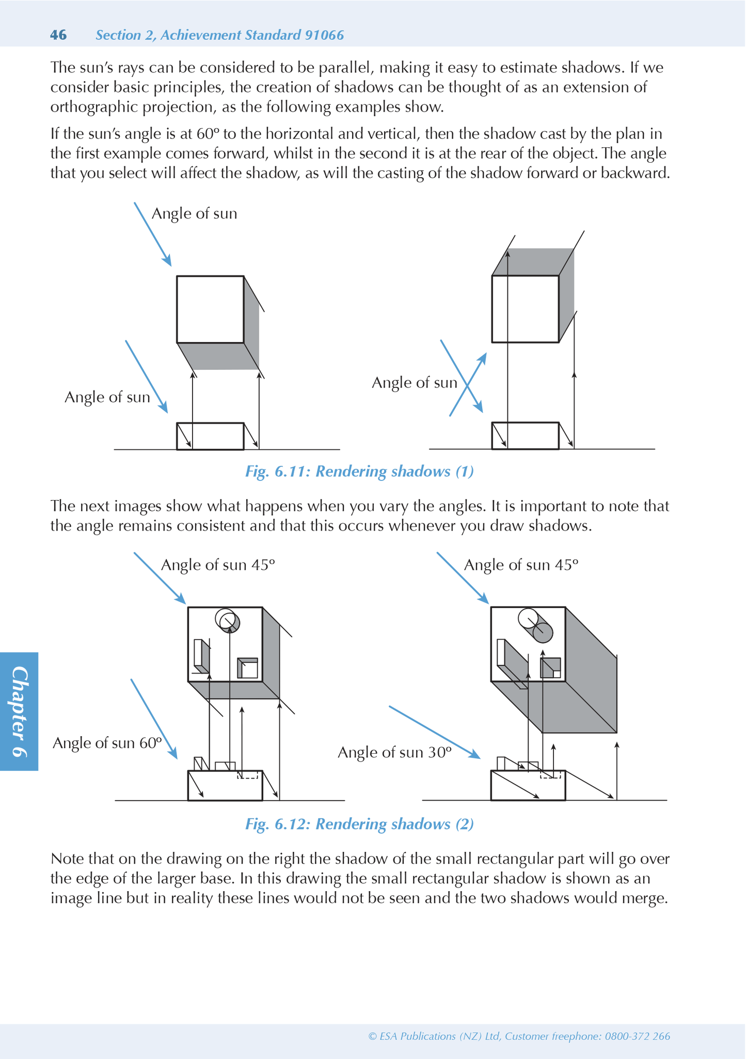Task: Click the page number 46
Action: tap(58, 35)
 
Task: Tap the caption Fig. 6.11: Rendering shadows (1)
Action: tap(359, 472)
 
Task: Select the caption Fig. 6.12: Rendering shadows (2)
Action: tap(359, 824)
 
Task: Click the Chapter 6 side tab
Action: tap(19, 711)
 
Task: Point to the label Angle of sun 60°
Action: tap(107, 743)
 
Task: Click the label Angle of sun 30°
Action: tap(394, 752)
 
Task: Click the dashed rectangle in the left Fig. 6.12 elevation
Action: tap(247, 775)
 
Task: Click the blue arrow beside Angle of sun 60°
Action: tap(154, 719)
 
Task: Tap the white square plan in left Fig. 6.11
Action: tap(210, 309)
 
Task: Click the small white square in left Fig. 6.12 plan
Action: tap(249, 670)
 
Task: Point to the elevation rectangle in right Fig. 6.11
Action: tap(525, 436)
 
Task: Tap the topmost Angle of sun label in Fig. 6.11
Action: tap(194, 213)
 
